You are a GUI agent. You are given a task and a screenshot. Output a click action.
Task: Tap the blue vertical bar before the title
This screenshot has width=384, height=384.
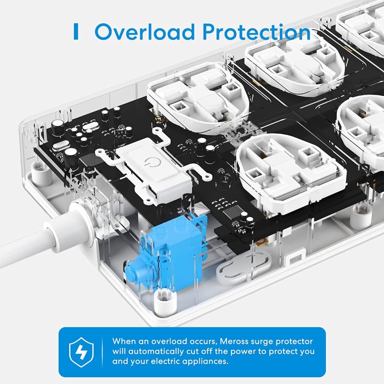click(x=75, y=31)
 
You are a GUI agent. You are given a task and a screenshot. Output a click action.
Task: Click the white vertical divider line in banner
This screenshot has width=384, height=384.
click(x=102, y=351)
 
